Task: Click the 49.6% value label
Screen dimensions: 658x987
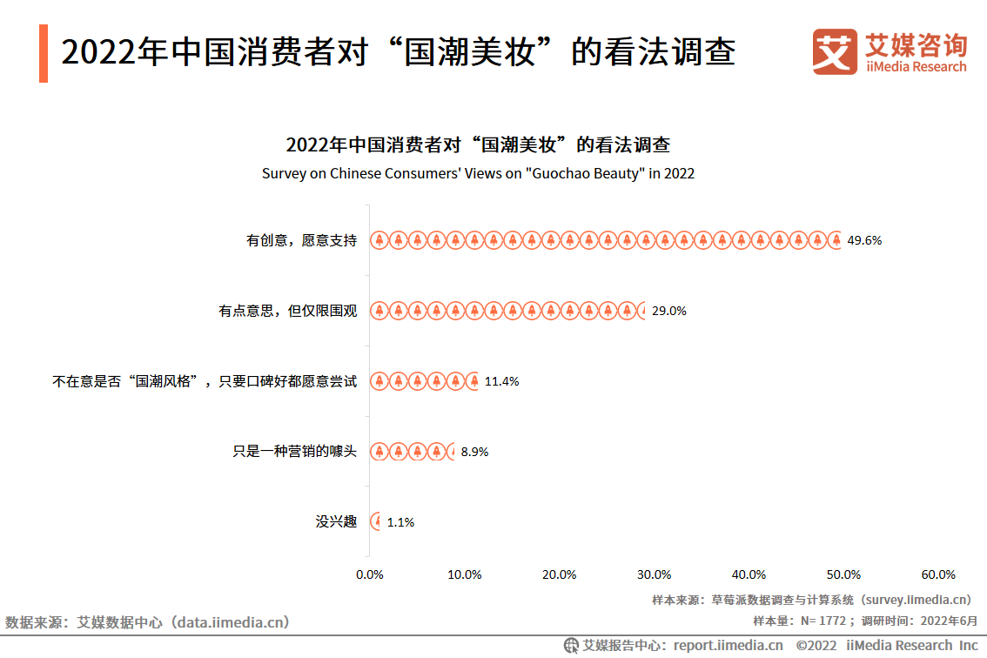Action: [x=864, y=240]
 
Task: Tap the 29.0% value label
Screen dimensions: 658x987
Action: [x=669, y=311]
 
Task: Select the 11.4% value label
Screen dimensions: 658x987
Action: [x=502, y=381]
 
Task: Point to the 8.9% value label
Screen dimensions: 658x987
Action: [x=474, y=452]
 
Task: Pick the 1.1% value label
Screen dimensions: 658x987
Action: [x=400, y=522]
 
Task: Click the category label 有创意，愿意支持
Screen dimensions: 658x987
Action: [x=301, y=240]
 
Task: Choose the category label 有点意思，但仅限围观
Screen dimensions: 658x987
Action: [x=287, y=311]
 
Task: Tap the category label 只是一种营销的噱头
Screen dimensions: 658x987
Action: [x=294, y=452]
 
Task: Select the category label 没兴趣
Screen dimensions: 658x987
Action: [x=336, y=522]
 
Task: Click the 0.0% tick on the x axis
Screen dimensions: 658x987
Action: [x=370, y=574]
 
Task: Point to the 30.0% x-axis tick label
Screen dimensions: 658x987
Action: [x=654, y=574]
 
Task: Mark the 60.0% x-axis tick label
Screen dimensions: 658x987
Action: [x=938, y=574]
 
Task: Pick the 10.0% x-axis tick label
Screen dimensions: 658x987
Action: [x=465, y=574]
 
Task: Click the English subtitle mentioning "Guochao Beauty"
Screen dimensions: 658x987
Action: [x=478, y=173]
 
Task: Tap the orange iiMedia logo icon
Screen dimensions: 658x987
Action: [x=835, y=51]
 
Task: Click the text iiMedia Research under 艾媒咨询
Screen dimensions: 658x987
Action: [x=916, y=67]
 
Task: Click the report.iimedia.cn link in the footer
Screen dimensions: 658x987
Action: [x=728, y=645]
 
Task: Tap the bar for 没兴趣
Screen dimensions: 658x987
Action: [x=375, y=522]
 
